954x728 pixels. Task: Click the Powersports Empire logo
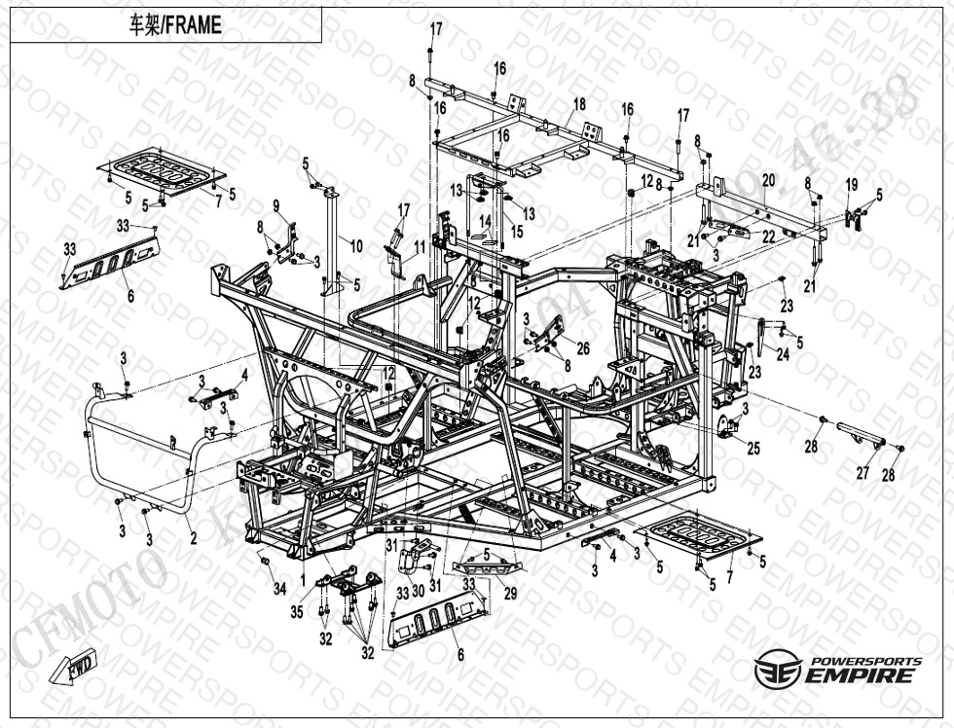click(837, 670)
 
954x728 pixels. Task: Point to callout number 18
click(579, 104)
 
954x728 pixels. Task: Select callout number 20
click(768, 180)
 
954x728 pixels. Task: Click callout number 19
click(851, 185)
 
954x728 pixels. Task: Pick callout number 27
click(862, 473)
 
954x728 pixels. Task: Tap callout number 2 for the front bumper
click(193, 537)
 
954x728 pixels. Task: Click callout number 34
click(279, 588)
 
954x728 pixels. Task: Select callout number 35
click(298, 611)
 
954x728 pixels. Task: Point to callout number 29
click(510, 592)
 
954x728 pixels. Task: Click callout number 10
click(356, 246)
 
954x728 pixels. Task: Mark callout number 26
click(583, 347)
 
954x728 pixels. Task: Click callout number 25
click(753, 449)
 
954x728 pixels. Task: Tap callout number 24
click(783, 355)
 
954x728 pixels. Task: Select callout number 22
click(768, 237)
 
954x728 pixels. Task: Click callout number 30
click(418, 590)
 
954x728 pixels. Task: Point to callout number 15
click(517, 232)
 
